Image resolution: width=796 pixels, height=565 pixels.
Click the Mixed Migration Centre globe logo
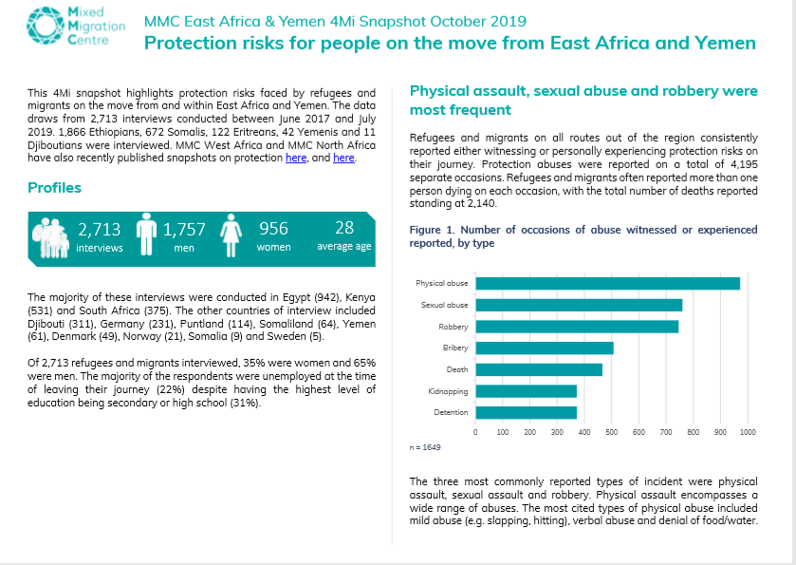46,26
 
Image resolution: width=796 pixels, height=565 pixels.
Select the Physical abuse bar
607,284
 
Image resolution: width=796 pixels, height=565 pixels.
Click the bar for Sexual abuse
579,305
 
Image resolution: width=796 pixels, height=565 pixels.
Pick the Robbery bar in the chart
577,327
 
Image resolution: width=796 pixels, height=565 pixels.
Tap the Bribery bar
545,348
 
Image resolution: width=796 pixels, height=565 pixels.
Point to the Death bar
539,369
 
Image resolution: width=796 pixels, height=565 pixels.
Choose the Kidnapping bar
526,391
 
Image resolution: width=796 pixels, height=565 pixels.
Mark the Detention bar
526,412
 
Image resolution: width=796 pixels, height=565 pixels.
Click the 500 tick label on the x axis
612,432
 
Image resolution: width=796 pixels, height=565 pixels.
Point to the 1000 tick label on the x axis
748,432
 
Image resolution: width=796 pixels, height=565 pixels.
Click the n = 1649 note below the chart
425,447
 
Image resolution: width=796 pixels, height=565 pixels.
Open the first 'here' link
296,158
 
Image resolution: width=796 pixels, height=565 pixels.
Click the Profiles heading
54,187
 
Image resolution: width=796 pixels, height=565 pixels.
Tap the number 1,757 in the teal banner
184,230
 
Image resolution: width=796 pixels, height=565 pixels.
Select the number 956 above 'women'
273,229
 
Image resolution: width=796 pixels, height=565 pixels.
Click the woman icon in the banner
231,235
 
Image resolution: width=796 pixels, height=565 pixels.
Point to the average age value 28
344,228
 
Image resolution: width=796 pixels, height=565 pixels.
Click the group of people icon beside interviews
50,237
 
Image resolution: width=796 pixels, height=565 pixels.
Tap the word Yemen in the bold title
726,43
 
